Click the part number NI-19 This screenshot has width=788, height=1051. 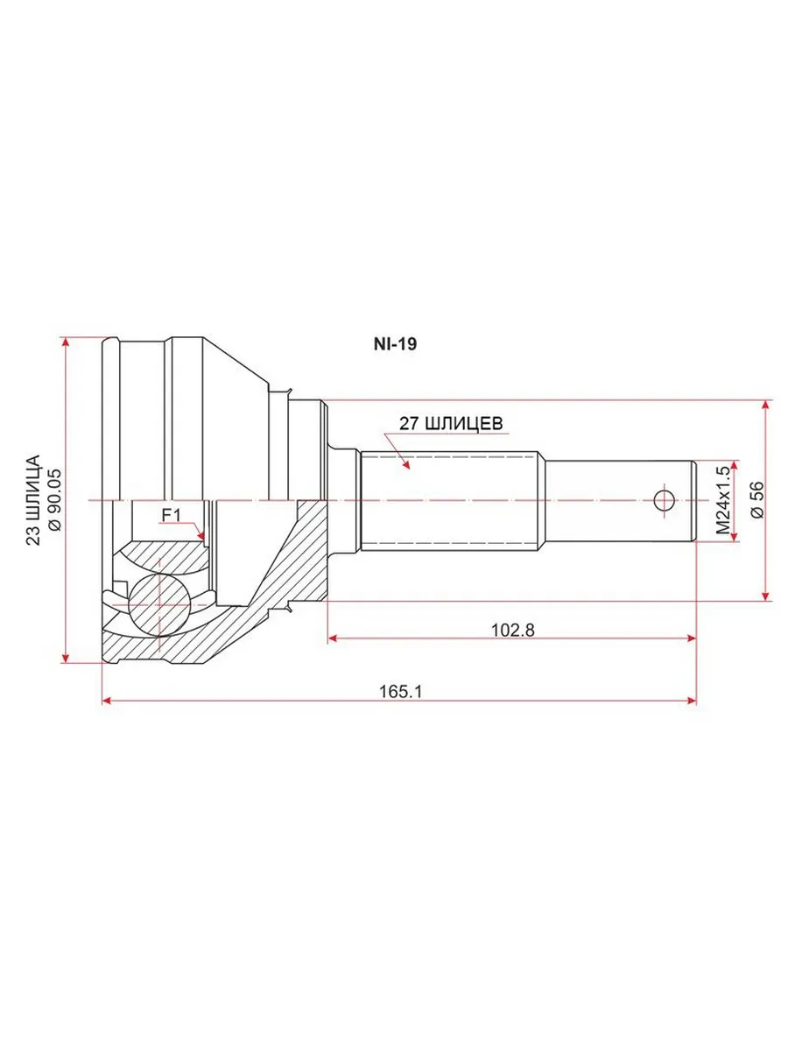(x=395, y=344)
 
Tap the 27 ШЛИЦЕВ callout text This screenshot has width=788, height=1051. (x=451, y=424)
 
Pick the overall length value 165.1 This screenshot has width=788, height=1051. (x=400, y=691)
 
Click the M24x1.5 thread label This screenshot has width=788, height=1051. (x=723, y=500)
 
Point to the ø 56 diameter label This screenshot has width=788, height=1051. (x=757, y=500)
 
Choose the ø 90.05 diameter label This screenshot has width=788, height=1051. (x=55, y=500)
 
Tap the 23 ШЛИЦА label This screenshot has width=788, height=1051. (x=33, y=500)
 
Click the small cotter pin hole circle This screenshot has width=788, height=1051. (x=664, y=501)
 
